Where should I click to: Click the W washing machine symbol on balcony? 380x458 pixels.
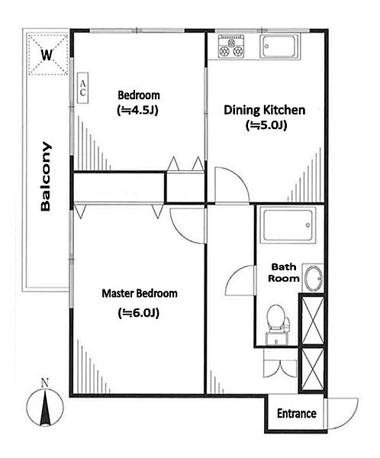click(48, 54)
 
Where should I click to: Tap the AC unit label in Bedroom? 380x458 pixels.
click(82, 88)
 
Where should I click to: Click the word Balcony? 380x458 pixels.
click(46, 176)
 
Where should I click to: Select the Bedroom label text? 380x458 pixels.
click(139, 95)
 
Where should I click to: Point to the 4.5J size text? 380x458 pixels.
click(137, 111)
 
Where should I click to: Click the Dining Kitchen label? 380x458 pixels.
click(265, 110)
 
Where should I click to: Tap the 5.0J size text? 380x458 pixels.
click(266, 125)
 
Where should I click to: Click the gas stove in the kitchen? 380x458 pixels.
click(231, 46)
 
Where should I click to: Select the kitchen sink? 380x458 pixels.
click(279, 47)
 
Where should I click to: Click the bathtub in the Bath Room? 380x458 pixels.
click(288, 225)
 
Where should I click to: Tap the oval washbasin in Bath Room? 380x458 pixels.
click(313, 279)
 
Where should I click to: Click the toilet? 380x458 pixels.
click(277, 324)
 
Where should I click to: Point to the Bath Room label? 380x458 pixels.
click(284, 273)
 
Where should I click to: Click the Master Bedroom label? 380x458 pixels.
click(140, 293)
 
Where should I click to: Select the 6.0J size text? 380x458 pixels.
click(138, 313)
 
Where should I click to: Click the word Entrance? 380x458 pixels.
click(297, 413)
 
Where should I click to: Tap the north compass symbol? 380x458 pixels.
click(45, 408)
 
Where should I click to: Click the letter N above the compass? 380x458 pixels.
click(45, 383)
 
